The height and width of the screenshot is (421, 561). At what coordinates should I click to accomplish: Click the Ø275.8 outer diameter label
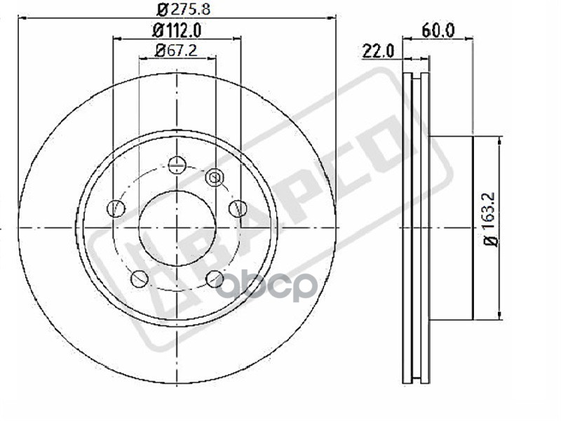click(x=183, y=8)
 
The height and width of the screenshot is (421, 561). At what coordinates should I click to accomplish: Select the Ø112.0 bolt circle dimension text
click(x=177, y=30)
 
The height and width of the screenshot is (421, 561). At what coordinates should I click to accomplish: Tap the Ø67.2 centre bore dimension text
click(x=177, y=51)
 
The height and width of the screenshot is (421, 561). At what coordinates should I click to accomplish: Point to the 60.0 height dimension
click(x=438, y=30)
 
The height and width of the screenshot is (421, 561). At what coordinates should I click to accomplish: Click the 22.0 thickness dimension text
click(x=377, y=51)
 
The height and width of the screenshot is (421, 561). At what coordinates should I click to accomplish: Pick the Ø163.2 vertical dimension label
click(x=490, y=219)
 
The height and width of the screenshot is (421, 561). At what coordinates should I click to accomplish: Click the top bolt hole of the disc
click(x=177, y=165)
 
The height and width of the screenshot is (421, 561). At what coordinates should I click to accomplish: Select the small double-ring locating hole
click(x=215, y=177)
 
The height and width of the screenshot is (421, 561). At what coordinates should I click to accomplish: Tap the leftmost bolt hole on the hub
click(x=116, y=208)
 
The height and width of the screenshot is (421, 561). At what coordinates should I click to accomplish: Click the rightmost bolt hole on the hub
click(x=238, y=208)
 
